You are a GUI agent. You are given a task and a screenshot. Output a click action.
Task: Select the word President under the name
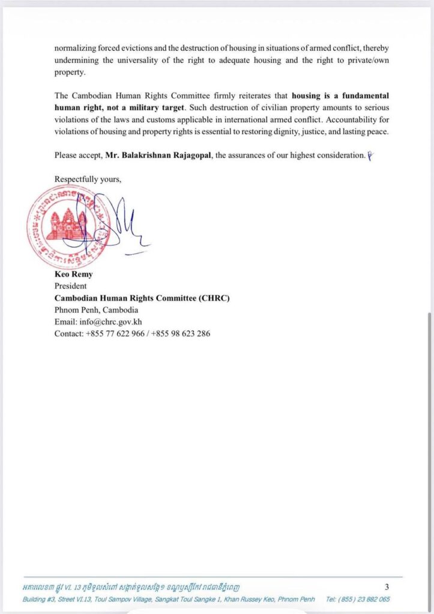(x=71, y=287)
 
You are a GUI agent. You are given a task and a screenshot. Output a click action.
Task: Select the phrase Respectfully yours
(x=88, y=179)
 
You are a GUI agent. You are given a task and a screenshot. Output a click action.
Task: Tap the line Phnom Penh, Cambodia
(x=96, y=310)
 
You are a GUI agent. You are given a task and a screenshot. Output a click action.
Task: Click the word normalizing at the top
(x=76, y=48)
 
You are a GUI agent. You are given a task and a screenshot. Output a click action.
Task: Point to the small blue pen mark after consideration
(x=370, y=155)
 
